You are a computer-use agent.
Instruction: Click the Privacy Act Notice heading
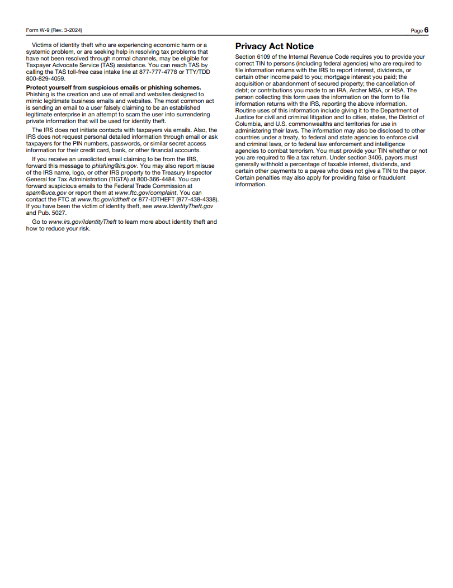(x=274, y=46)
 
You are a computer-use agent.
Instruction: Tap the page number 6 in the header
(x=426, y=30)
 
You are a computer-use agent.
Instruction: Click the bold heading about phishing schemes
(x=114, y=87)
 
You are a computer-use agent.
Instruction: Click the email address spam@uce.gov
(x=46, y=192)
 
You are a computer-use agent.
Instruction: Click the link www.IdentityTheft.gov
(x=183, y=206)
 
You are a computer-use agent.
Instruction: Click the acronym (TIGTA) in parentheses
(x=114, y=179)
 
